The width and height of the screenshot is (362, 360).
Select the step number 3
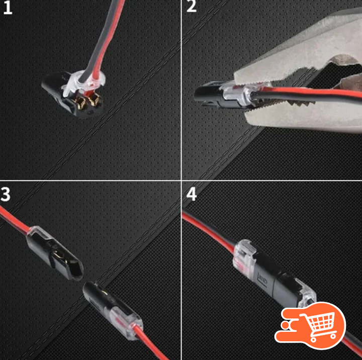tap(7, 195)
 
